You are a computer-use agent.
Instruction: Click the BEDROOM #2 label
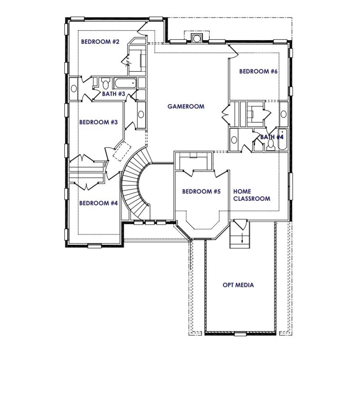(x=100, y=42)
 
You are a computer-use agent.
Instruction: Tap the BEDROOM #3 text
(x=98, y=122)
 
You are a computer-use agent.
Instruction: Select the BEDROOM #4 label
(x=98, y=203)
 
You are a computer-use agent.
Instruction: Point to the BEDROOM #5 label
(x=201, y=191)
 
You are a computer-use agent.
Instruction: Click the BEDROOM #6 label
(x=258, y=71)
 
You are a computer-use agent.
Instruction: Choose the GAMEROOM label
(x=186, y=106)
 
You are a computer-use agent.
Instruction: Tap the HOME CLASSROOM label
(x=251, y=195)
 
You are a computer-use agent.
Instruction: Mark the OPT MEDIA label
(x=238, y=285)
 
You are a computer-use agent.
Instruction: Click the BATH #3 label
(x=113, y=94)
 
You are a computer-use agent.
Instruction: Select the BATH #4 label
(x=272, y=137)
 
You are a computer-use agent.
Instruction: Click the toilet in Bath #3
(x=106, y=84)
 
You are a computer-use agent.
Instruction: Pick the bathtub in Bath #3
(x=125, y=83)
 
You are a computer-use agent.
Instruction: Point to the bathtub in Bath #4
(x=282, y=140)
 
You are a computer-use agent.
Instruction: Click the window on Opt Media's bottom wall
(x=240, y=334)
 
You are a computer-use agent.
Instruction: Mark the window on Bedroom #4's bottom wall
(x=94, y=246)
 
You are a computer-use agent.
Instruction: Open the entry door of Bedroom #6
(x=233, y=51)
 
